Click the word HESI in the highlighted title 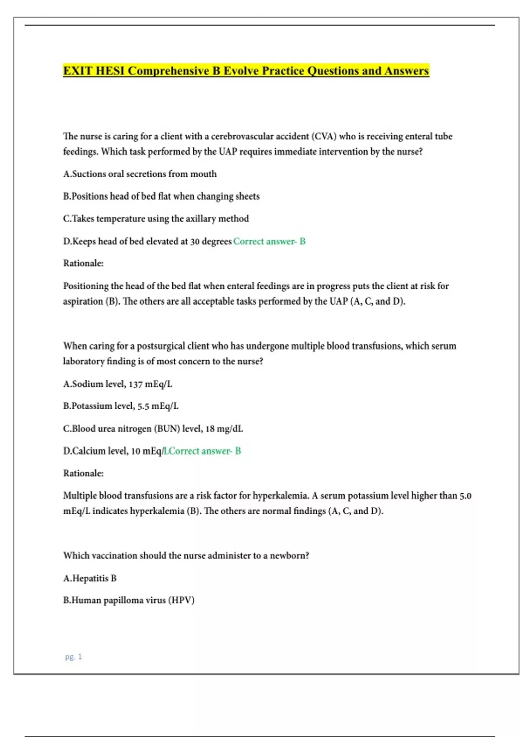click(110, 71)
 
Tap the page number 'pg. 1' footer click(73, 657)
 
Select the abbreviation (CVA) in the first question click(324, 136)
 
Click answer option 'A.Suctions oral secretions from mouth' click(140, 174)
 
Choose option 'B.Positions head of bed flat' click(161, 196)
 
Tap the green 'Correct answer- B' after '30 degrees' click(269, 241)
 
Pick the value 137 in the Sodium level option click(135, 384)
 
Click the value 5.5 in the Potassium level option click(143, 406)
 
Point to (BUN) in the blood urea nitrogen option click(167, 429)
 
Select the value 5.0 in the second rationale click(465, 496)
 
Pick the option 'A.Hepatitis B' click(90, 578)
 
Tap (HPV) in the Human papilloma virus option click(181, 600)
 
